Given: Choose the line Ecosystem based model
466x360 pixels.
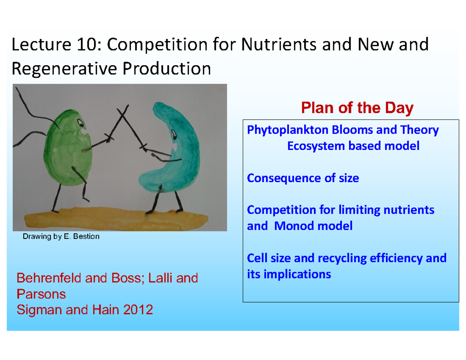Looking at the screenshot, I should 353,146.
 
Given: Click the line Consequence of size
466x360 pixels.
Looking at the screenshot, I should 303,178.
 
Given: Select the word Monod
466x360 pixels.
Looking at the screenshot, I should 295,226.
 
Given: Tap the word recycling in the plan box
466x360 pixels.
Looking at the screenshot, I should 327,258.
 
